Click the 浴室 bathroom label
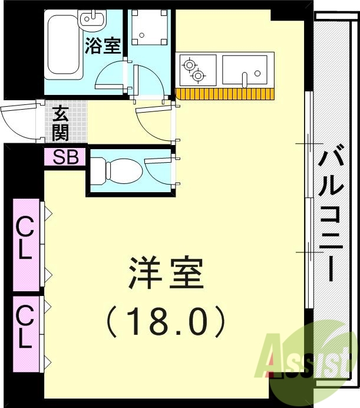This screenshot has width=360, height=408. point(103,45)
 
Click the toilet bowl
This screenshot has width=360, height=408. point(118,170)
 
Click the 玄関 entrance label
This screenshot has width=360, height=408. point(61,123)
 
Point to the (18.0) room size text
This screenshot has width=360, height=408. point(166,322)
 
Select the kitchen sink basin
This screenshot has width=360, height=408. point(247,70)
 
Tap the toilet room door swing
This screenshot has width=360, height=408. point(158,172)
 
